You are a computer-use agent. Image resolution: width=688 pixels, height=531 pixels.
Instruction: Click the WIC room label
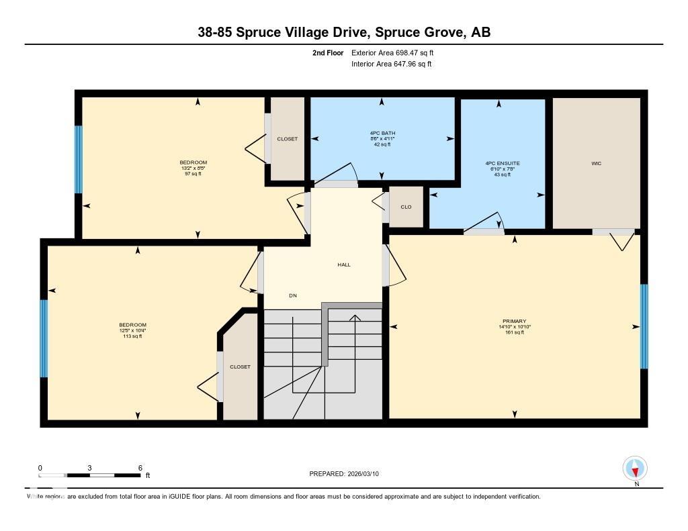[596, 163]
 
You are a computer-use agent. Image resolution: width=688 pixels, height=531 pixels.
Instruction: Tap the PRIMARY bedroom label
[514, 322]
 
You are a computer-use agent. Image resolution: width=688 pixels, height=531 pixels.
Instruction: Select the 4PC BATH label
[382, 133]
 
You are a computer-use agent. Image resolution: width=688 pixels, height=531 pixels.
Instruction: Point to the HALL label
[344, 264]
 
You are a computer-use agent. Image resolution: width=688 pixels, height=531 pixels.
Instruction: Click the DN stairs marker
[293, 295]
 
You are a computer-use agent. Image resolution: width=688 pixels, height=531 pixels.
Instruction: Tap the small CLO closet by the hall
[406, 207]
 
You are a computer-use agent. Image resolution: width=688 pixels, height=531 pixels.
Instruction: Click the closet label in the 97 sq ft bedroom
[287, 139]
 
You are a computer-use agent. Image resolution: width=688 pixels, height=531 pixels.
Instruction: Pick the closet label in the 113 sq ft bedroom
[240, 367]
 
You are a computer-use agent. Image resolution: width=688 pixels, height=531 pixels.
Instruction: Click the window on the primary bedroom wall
[644, 327]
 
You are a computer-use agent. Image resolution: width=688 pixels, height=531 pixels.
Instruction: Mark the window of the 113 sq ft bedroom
[44, 338]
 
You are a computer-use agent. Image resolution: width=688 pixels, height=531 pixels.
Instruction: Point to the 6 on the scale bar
[140, 468]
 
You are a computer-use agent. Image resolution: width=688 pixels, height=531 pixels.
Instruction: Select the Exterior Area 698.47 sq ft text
[397, 52]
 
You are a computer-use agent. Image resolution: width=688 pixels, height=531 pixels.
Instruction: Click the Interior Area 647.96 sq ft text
[392, 64]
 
